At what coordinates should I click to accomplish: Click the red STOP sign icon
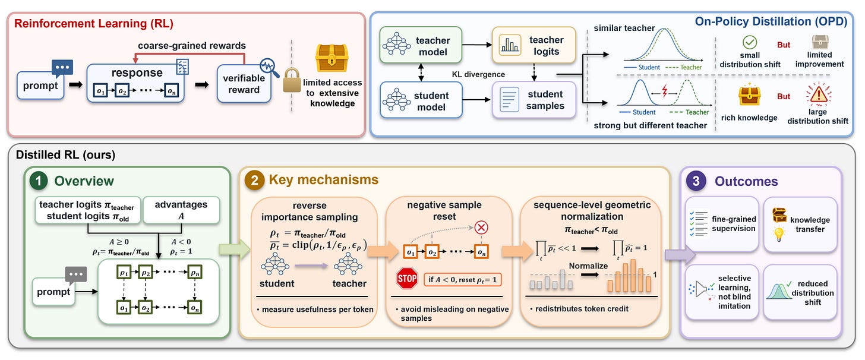(x=407, y=278)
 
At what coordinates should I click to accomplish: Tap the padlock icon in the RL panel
(x=292, y=80)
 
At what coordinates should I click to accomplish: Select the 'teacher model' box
(x=421, y=45)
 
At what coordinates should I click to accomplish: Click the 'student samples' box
(x=534, y=100)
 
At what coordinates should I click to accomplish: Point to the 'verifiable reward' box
(x=244, y=84)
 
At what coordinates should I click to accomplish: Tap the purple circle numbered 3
(x=696, y=181)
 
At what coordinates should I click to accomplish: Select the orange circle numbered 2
(x=254, y=180)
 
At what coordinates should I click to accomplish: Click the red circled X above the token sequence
(x=481, y=228)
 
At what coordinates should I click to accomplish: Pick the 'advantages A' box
(x=181, y=210)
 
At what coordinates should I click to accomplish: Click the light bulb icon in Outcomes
(x=779, y=234)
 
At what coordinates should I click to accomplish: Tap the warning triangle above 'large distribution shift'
(x=818, y=94)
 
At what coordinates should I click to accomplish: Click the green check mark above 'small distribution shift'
(x=750, y=42)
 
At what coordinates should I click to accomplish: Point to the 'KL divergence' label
(x=478, y=74)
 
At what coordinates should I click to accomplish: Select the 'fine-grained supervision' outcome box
(x=722, y=224)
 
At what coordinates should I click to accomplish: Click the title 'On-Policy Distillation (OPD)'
(x=771, y=21)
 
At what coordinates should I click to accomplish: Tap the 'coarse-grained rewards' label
(x=192, y=46)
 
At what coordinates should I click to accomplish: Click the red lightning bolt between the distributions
(x=665, y=91)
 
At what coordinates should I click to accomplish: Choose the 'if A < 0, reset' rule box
(x=463, y=280)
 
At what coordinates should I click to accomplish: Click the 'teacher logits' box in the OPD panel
(x=534, y=45)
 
